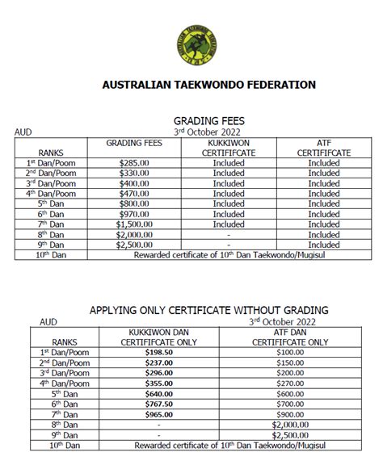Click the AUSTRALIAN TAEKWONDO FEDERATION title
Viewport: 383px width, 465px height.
[208, 85]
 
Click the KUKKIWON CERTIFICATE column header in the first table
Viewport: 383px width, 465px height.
[229, 147]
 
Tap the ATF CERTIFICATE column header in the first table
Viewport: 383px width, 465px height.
[323, 147]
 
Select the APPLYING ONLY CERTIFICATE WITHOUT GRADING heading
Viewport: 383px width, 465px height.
[208, 310]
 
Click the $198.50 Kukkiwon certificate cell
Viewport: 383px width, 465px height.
[159, 352]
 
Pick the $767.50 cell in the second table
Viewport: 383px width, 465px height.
[159, 403]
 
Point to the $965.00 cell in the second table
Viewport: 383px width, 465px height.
[159, 413]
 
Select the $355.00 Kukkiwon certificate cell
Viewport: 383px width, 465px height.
[159, 383]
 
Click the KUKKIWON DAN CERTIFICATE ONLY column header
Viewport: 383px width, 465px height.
[159, 337]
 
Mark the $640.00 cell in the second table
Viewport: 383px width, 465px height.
[159, 393]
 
